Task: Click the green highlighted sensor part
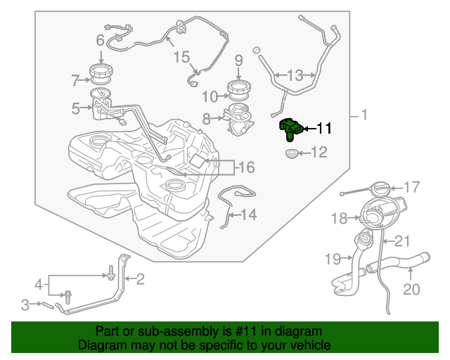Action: pyautogui.click(x=291, y=129)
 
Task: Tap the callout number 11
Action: pyautogui.click(x=323, y=128)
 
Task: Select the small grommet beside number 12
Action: pyautogui.click(x=292, y=153)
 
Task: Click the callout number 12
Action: pyautogui.click(x=319, y=152)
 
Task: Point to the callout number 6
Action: pyautogui.click(x=100, y=40)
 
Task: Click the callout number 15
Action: pyautogui.click(x=181, y=57)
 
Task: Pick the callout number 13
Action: pyautogui.click(x=295, y=75)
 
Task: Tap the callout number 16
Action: pyautogui.click(x=247, y=167)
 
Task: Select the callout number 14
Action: pyautogui.click(x=248, y=214)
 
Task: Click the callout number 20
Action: pyautogui.click(x=411, y=289)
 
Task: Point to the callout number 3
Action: pyautogui.click(x=25, y=304)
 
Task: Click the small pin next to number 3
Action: pyautogui.click(x=49, y=305)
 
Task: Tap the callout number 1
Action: pyautogui.click(x=364, y=115)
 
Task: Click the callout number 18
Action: pyautogui.click(x=339, y=218)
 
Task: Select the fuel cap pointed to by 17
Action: pyautogui.click(x=381, y=188)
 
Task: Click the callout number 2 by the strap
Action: pyautogui.click(x=140, y=278)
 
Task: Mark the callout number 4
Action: pyautogui.click(x=39, y=285)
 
